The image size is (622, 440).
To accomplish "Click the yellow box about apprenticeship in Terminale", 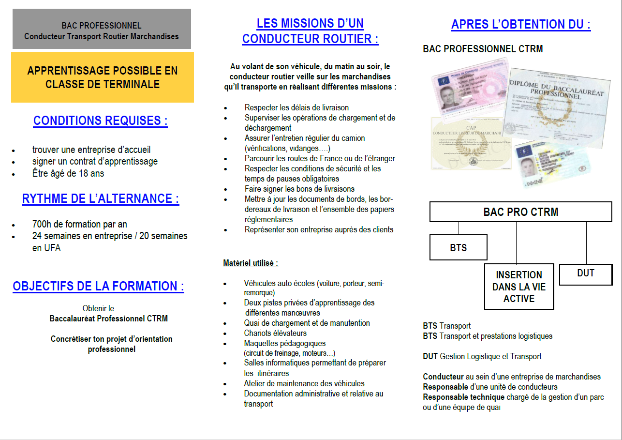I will (x=102, y=77).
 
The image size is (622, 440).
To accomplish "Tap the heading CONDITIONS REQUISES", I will (x=100, y=121).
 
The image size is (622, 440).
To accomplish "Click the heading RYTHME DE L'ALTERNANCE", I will (x=101, y=198).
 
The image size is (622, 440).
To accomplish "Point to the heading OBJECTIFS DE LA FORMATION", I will (x=98, y=286).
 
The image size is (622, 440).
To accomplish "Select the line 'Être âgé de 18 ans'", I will (x=68, y=173).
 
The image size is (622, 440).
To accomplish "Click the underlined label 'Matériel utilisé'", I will (x=251, y=263).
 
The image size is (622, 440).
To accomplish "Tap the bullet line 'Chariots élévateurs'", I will (x=275, y=333).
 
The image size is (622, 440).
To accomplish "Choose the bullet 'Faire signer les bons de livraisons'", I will (x=299, y=189).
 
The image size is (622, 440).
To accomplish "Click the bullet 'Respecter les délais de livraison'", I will (x=296, y=107).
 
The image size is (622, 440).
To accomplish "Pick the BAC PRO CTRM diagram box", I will (x=520, y=212).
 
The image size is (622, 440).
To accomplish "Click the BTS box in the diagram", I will (x=458, y=247).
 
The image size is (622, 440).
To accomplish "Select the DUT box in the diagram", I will (x=585, y=273).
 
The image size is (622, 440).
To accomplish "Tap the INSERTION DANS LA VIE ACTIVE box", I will (x=518, y=287).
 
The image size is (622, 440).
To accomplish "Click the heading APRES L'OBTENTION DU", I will (x=521, y=25).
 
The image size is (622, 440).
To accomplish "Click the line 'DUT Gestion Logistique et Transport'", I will (x=482, y=356).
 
